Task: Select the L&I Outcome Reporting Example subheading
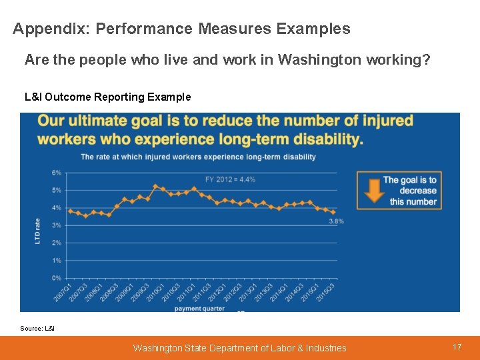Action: coord(107,97)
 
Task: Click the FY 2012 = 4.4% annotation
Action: coord(230,179)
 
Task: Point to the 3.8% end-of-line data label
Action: coord(336,221)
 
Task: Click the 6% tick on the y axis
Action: coord(57,173)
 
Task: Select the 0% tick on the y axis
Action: coord(57,278)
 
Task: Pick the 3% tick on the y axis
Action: coord(57,225)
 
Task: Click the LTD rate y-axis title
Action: coord(38,230)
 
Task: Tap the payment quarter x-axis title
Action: coord(199,308)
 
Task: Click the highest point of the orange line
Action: coord(155,187)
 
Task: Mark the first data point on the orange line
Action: coord(70,211)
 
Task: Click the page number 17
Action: coord(457,347)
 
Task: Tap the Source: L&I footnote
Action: coord(37,328)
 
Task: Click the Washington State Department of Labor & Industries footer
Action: coord(239,347)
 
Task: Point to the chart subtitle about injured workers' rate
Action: coord(198,157)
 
